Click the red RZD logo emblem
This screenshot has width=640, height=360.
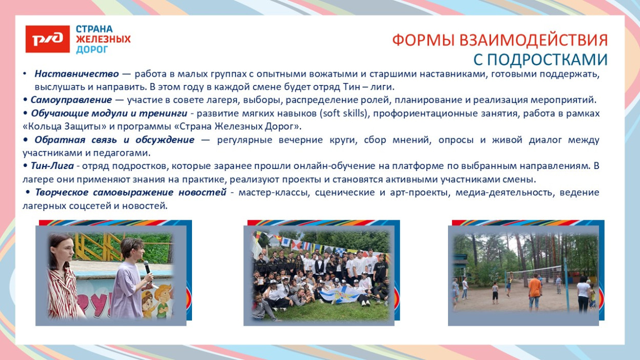pyautogui.click(x=48, y=39)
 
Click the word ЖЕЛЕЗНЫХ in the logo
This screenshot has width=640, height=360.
pyautogui.click(x=103, y=39)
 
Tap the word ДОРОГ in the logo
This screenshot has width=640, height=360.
pyautogui.click(x=92, y=50)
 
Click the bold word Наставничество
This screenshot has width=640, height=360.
pyautogui.click(x=77, y=74)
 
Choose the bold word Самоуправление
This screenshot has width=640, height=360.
pyautogui.click(x=71, y=100)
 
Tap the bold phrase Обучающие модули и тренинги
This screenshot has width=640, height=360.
pyautogui.click(x=109, y=113)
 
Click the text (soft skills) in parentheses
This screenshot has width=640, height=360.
pyautogui.click(x=343, y=113)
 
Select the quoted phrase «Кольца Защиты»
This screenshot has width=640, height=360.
pyautogui.click(x=55, y=126)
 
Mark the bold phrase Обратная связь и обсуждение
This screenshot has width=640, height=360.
pyautogui.click(x=115, y=140)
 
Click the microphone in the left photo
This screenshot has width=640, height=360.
pyautogui.click(x=147, y=267)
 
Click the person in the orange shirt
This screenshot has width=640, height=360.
pyautogui.click(x=535, y=288)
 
